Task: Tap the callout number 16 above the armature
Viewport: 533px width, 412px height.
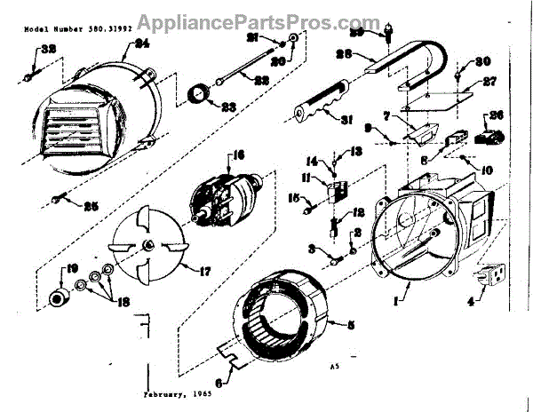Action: [237, 156]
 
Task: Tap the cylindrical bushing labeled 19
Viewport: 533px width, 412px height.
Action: [60, 296]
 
